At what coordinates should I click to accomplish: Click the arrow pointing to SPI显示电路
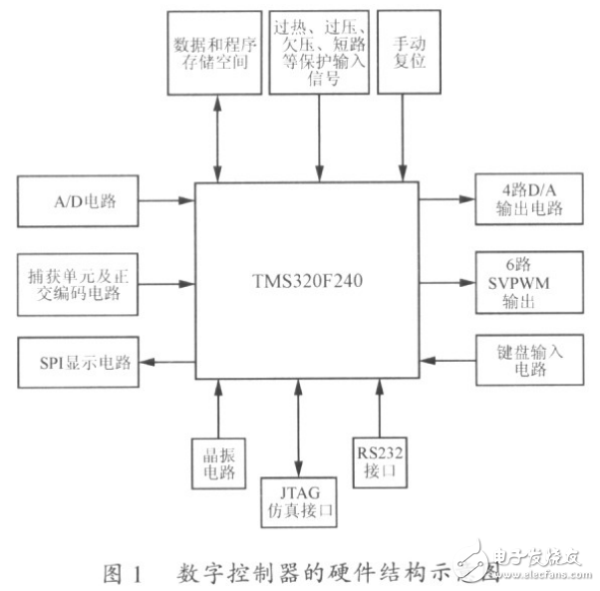pyautogui.click(x=165, y=361)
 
